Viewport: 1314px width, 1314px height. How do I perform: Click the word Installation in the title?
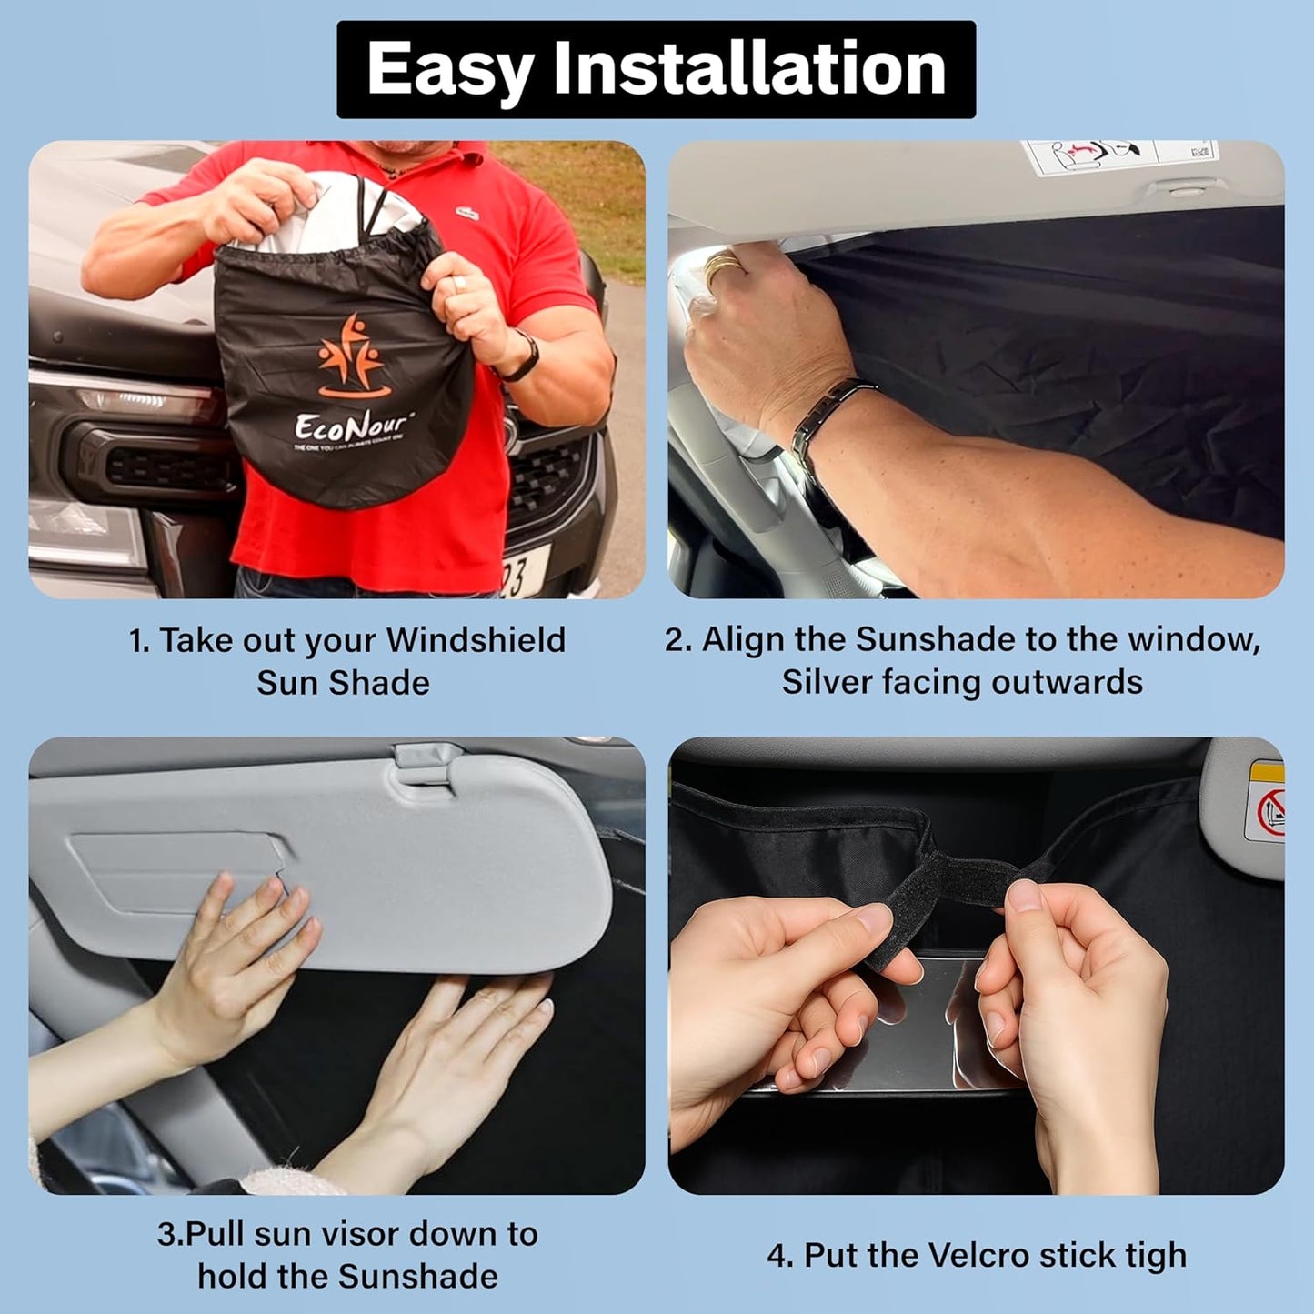pyautogui.click(x=749, y=69)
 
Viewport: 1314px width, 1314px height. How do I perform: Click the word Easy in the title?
pyautogui.click(x=449, y=71)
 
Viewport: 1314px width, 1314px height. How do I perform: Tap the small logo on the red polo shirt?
pyautogui.click(x=468, y=213)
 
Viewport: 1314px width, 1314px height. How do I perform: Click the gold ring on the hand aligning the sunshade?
pyautogui.click(x=724, y=264)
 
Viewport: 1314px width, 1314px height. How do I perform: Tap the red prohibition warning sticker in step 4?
pyautogui.click(x=1270, y=811)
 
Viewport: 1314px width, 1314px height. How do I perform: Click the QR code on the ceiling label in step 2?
pyautogui.click(x=1200, y=151)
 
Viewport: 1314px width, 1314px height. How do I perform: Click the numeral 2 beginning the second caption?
pyautogui.click(x=674, y=640)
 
